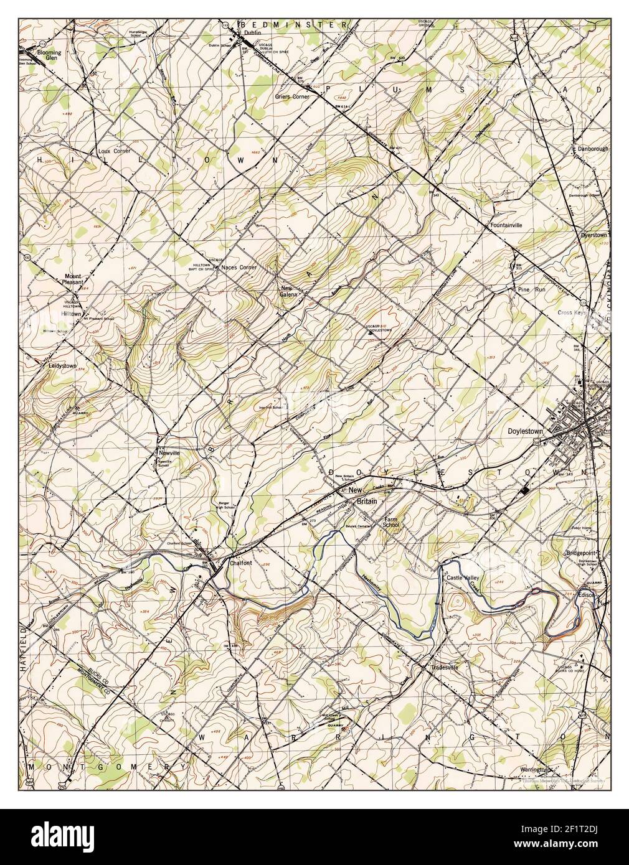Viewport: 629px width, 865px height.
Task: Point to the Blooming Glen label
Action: tap(49, 55)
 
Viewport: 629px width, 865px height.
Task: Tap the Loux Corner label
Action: tap(113, 151)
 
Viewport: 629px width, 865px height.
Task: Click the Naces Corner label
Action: tap(239, 268)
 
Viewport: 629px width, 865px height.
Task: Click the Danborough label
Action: tap(592, 149)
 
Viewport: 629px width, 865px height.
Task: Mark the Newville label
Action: tap(168, 453)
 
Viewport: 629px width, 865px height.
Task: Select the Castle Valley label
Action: tap(461, 578)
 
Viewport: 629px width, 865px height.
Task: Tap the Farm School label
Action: tap(391, 521)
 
